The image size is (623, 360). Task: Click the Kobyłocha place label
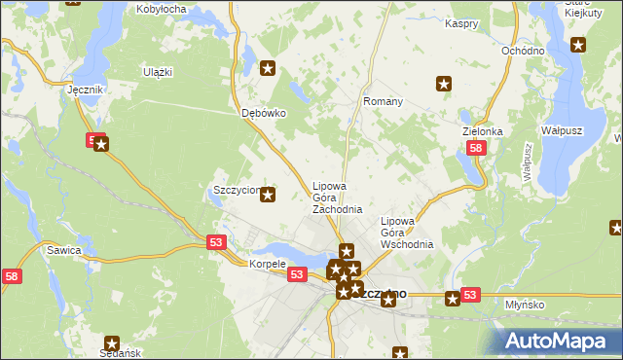[x=163, y=9]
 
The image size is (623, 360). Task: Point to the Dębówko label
[x=263, y=113]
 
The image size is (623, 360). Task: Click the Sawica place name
[x=63, y=250]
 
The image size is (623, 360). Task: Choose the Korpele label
[x=267, y=264]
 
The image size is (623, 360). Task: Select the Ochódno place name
[x=522, y=51]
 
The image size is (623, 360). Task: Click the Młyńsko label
[x=525, y=305]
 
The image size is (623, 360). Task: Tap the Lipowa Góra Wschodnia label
[x=407, y=233]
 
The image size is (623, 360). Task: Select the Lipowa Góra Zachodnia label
[x=337, y=198]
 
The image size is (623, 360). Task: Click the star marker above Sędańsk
[x=112, y=343]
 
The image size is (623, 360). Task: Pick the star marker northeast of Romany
[x=445, y=85]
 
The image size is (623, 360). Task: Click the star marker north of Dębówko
[x=270, y=68]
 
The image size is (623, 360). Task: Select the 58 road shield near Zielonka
[x=475, y=149]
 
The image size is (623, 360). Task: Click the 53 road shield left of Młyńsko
[x=470, y=295]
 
